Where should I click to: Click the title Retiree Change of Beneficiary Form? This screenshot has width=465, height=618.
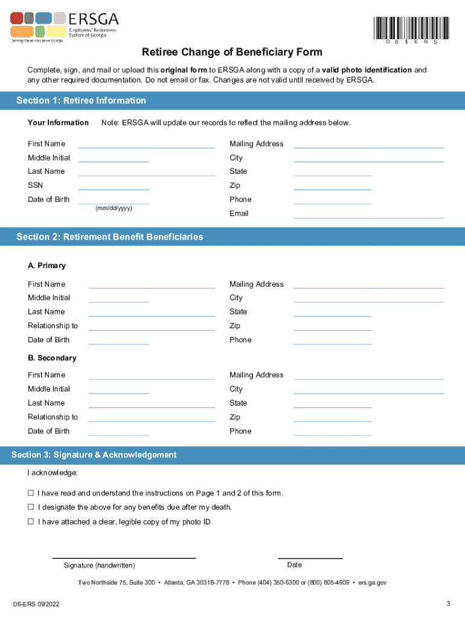click(x=232, y=53)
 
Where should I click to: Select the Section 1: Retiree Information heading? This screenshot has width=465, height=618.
click(x=82, y=101)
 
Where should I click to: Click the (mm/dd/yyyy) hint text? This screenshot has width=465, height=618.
click(x=114, y=208)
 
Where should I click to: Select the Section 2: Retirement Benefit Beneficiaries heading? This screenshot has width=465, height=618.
click(x=110, y=237)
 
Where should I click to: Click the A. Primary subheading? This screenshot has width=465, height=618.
click(x=46, y=266)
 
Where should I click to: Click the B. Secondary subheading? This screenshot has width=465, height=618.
click(x=52, y=358)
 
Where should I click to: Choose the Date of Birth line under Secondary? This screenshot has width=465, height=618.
click(x=118, y=434)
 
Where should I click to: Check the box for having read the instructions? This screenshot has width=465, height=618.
click(x=30, y=493)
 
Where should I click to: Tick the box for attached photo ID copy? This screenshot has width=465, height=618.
click(x=30, y=522)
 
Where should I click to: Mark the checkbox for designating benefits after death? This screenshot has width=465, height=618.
click(x=30, y=508)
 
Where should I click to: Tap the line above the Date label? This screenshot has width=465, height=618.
click(x=310, y=557)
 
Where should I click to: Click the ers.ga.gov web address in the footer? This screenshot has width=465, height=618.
click(x=372, y=583)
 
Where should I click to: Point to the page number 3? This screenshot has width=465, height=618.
click(x=448, y=604)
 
